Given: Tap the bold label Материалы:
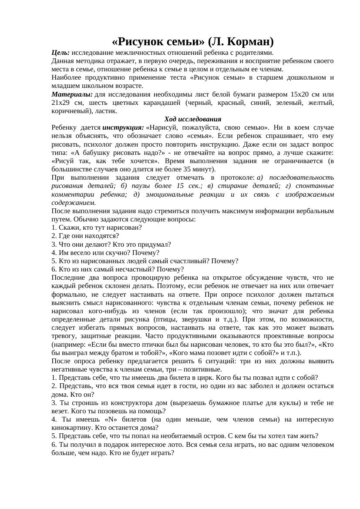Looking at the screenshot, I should coord(72,94).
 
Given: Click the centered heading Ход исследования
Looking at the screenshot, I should coord(192,119).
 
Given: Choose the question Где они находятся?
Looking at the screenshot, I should coord(85,236).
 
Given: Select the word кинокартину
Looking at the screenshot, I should coord(71,428).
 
